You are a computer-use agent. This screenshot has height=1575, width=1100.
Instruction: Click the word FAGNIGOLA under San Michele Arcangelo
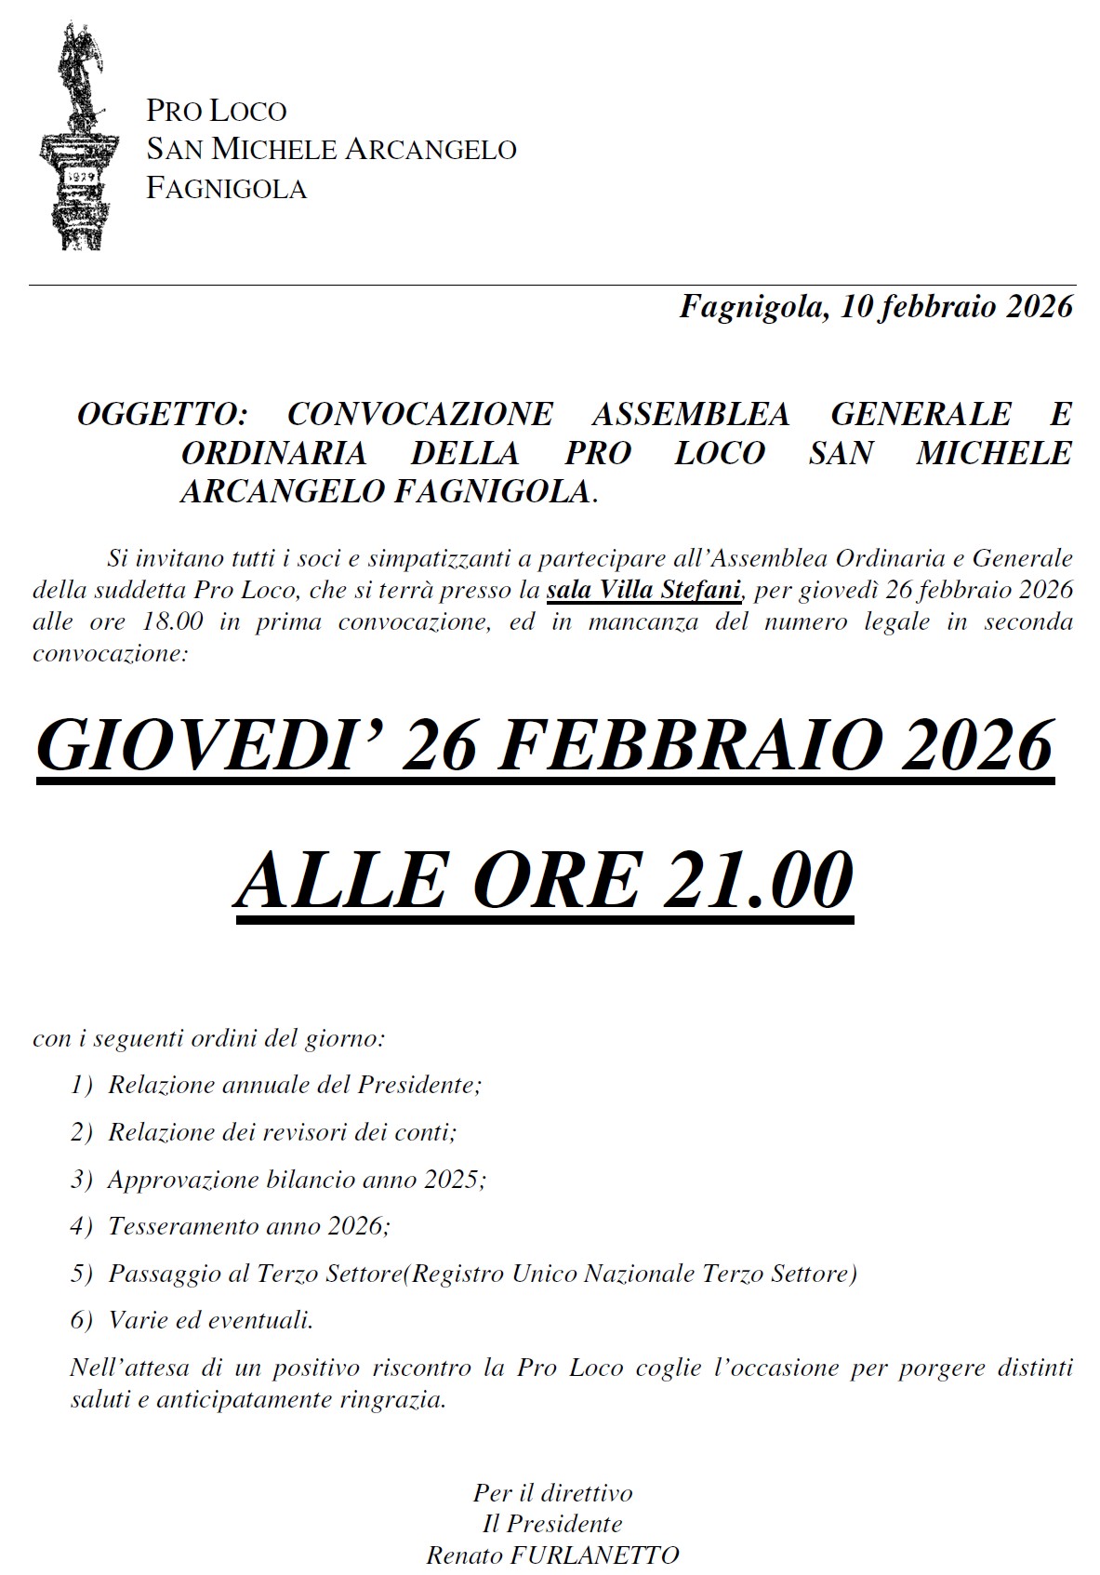pos(226,189)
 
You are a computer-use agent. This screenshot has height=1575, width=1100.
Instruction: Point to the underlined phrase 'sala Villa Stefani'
pos(643,590)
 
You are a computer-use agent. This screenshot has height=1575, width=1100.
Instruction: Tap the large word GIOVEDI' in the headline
pos(208,746)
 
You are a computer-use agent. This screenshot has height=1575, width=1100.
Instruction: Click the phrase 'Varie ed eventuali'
pos(210,1320)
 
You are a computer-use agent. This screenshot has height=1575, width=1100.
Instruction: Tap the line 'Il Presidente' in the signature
pos(552,1523)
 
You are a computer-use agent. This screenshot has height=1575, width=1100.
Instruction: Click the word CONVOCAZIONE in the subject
pos(420,414)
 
